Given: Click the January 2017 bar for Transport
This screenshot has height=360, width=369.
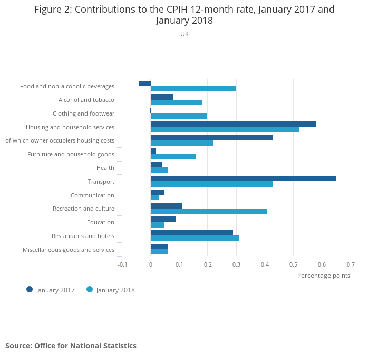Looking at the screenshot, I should tap(243, 178).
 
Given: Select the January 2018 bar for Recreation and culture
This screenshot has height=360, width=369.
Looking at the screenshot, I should tap(209, 211).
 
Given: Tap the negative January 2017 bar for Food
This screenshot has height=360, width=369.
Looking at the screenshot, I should tap(144, 83).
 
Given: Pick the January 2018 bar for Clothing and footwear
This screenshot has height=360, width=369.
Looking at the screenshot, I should tap(179, 116).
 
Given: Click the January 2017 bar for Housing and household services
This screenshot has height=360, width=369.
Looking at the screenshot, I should tap(233, 124).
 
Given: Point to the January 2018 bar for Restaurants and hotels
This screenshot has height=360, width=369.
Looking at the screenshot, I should tap(195, 239).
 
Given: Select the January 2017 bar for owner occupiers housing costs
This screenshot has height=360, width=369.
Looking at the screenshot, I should tap(211, 138).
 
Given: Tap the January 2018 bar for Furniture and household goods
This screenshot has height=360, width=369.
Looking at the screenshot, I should tap(173, 157).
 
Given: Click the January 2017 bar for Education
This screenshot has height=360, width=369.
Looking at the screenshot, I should tap(163, 219).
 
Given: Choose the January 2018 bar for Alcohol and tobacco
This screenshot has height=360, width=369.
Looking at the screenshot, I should tap(176, 102).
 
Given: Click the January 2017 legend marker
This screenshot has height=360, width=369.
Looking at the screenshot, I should tap(30, 289).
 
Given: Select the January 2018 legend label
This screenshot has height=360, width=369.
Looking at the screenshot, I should tap(115, 290).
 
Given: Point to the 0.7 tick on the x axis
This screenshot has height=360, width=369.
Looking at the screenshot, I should tap(351, 264).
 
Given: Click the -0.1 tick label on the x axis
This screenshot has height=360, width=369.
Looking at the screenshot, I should tap(122, 264).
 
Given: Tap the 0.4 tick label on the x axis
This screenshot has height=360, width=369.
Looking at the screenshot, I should tap(265, 264).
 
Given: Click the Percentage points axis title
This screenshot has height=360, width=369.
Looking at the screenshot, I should tap(324, 275).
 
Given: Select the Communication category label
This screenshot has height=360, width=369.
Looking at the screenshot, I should tap(92, 195).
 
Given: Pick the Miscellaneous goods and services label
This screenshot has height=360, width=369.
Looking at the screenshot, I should tap(69, 250).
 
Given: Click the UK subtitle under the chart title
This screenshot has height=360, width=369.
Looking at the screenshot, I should tap(184, 34).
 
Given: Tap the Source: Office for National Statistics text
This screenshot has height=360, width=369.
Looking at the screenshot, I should tap(71, 346).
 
